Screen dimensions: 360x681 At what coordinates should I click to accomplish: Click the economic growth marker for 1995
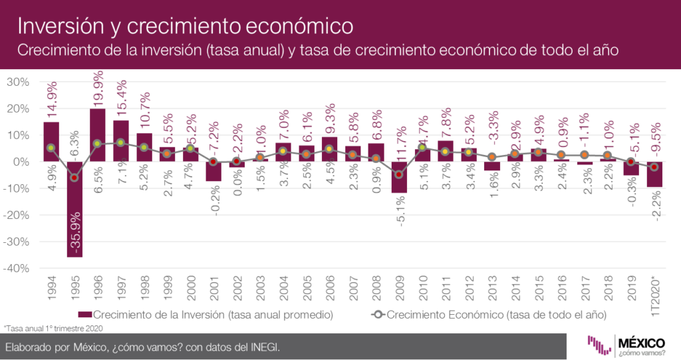[x=74, y=178]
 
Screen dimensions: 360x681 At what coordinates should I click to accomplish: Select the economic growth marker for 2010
[x=422, y=148]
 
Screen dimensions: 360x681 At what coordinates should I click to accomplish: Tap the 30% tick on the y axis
[x=18, y=82]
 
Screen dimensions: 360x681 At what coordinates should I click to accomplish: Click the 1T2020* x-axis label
[x=656, y=291]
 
